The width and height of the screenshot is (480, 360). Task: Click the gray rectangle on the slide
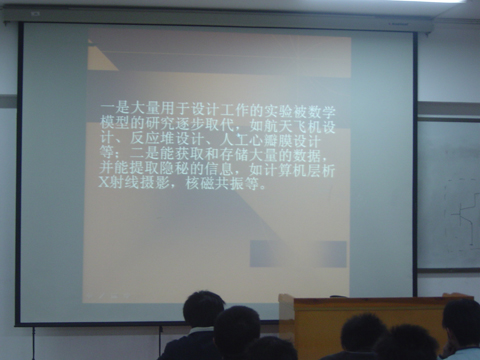pos(298,254)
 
